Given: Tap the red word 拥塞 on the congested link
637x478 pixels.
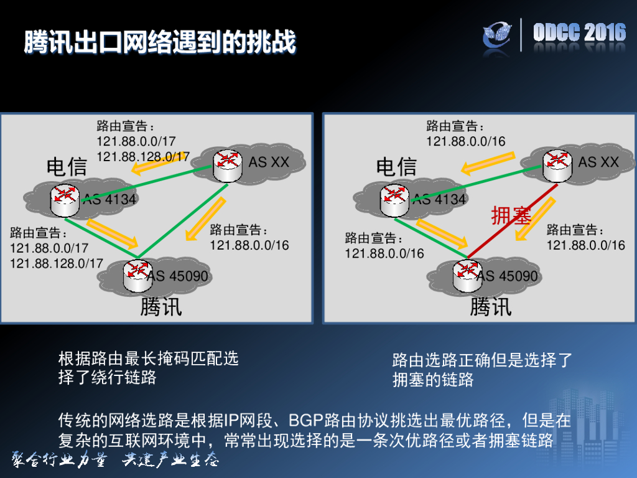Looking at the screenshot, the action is pyautogui.click(x=511, y=216).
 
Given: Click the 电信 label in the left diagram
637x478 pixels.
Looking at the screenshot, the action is pyautogui.click(x=67, y=167).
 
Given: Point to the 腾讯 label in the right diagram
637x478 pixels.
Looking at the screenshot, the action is pyautogui.click(x=491, y=307).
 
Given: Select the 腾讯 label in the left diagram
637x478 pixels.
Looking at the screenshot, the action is pyautogui.click(x=161, y=307).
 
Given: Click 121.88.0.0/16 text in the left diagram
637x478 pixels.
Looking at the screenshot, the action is pyautogui.click(x=249, y=245).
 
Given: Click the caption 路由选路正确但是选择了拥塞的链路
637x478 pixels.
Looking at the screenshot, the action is pyautogui.click(x=481, y=370).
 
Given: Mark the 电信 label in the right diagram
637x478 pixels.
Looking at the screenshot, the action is pyautogui.click(x=396, y=167).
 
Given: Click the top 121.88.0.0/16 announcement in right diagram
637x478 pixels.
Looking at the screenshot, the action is pyautogui.click(x=466, y=141).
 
